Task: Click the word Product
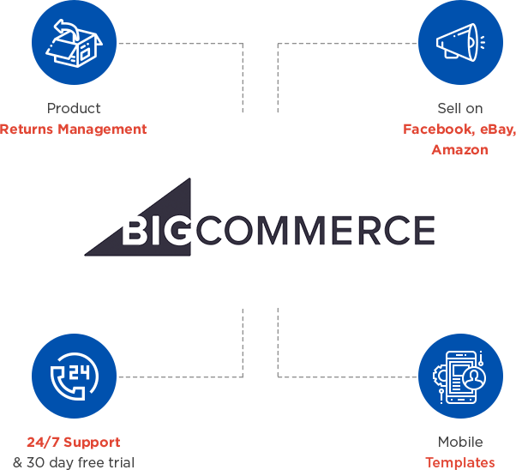(x=74, y=108)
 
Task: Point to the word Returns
(x=27, y=130)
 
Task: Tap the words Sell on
(x=459, y=108)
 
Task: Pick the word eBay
(x=496, y=130)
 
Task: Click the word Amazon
(x=459, y=149)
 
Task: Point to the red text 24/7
(x=41, y=443)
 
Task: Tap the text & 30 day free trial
(x=74, y=463)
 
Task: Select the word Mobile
(x=459, y=443)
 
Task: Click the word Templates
(x=459, y=463)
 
